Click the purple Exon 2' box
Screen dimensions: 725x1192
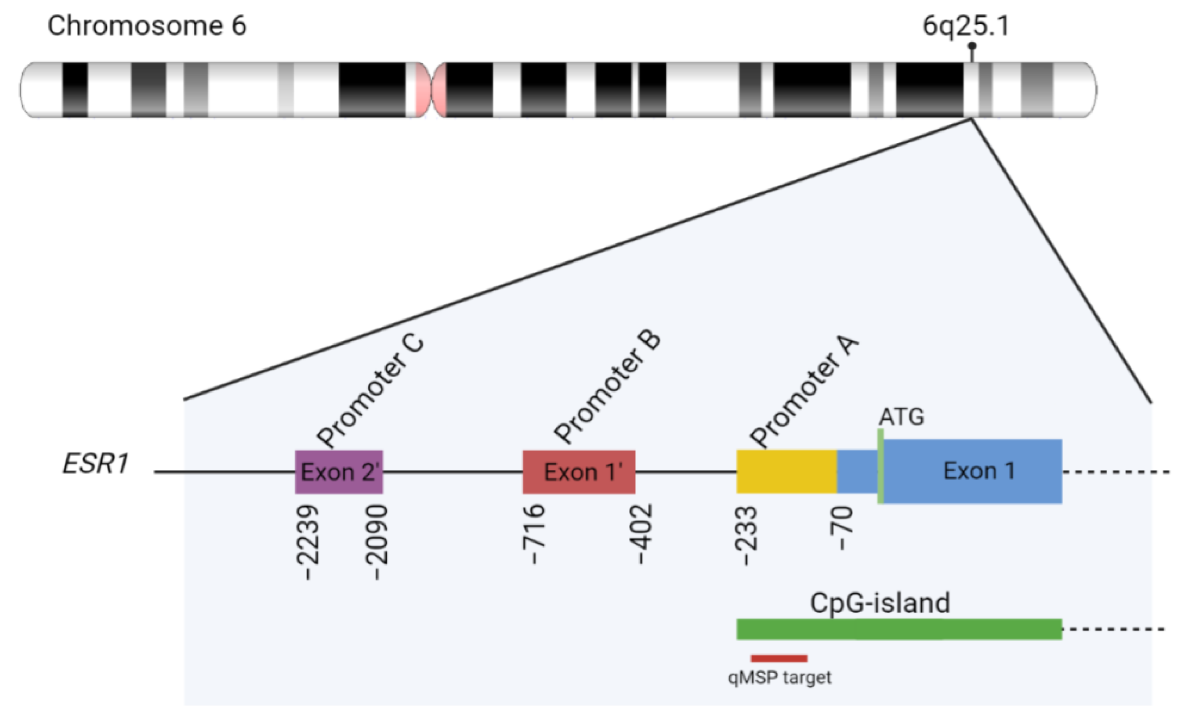pos(339,472)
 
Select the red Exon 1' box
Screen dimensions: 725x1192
pos(579,472)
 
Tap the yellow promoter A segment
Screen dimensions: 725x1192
pos(786,472)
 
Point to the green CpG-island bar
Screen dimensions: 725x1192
pos(899,629)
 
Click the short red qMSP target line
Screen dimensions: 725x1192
pos(779,658)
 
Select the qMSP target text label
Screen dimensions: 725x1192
pos(779,678)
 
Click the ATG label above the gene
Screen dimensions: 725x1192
pos(901,417)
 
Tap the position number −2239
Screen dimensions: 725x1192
pos(307,542)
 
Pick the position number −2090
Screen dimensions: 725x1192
pos(377,542)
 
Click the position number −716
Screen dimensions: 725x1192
pos(534,534)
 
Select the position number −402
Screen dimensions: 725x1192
pos(641,534)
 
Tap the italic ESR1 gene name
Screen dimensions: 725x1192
pos(95,464)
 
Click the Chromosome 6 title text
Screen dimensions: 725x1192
pos(147,25)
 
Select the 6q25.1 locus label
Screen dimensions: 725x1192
pos(966,25)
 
